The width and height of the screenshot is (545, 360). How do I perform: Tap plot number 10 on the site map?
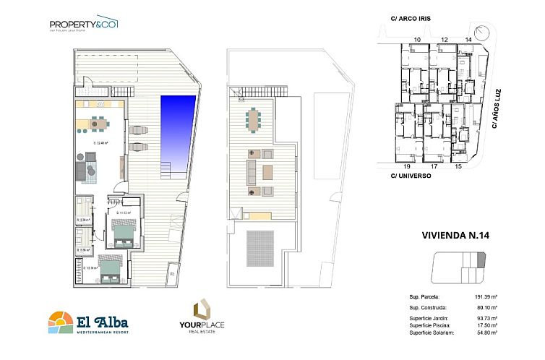(x=416, y=39)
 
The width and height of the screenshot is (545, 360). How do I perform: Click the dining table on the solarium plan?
(x=253, y=120)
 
